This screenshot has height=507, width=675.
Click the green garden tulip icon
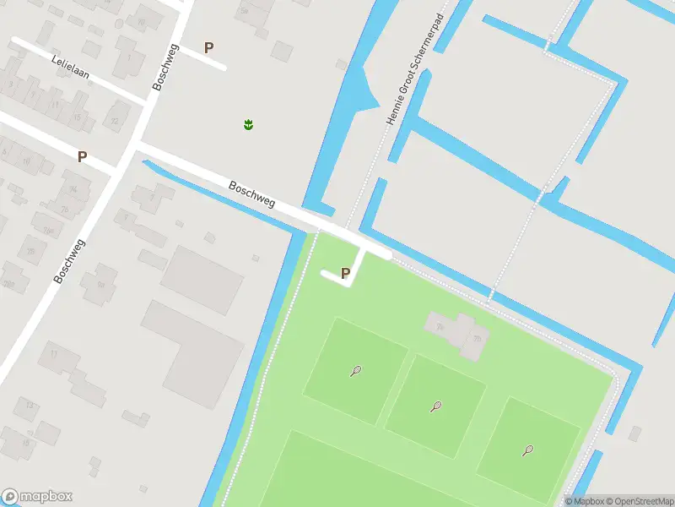[248, 125]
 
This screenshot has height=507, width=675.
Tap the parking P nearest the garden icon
[209, 48]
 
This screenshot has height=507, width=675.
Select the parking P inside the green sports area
[345, 273]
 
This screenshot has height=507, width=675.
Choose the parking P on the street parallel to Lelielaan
[82, 156]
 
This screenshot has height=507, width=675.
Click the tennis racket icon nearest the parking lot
[356, 370]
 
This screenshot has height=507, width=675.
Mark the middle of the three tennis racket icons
[436, 406]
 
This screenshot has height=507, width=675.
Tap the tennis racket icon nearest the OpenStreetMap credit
[528, 450]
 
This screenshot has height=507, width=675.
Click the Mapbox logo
[37, 497]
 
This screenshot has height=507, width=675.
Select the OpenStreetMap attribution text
[639, 501]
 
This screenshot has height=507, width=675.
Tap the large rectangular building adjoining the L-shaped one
[202, 279]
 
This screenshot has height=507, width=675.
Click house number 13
[30, 406]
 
